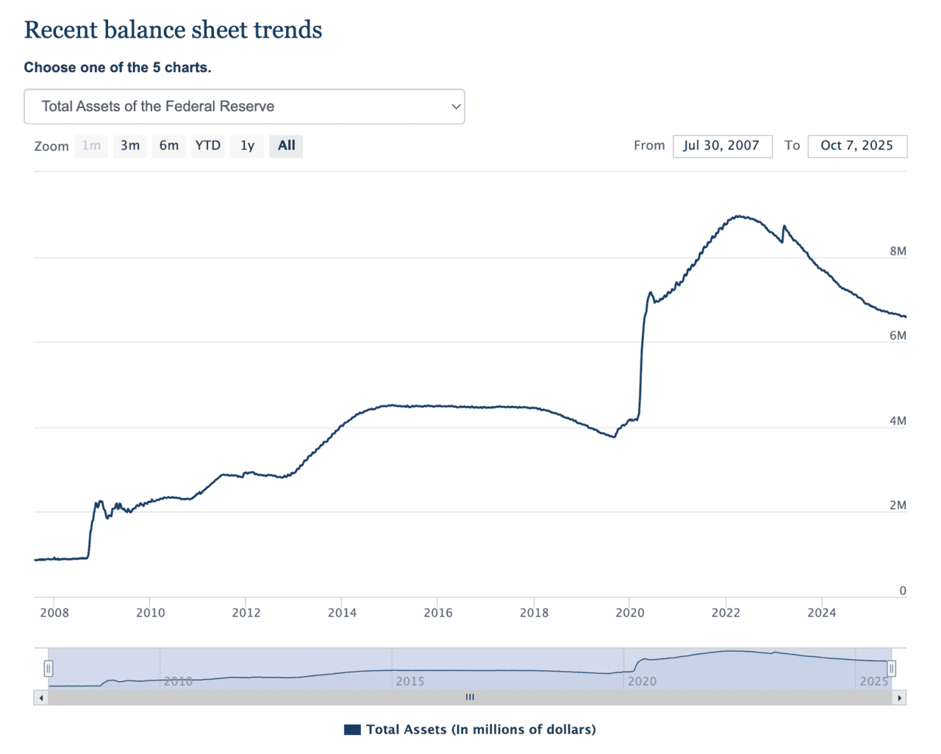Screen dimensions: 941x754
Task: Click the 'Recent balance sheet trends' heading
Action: [x=173, y=30]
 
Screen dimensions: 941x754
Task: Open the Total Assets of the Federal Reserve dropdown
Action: [x=244, y=107]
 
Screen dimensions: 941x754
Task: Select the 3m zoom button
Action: [x=130, y=146]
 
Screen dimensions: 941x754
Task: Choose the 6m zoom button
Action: [x=169, y=146]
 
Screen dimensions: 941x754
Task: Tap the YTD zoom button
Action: [x=208, y=146]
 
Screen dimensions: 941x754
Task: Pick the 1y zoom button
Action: [x=247, y=146]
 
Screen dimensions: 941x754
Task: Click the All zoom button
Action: [x=286, y=146]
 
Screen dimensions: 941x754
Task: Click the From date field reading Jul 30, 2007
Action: [x=722, y=146]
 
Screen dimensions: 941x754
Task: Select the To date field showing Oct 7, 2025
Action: [x=856, y=146]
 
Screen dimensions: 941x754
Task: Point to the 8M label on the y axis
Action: [x=898, y=251]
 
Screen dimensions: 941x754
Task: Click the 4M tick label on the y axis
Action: [x=898, y=421]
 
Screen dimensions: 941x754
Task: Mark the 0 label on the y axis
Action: [x=903, y=591]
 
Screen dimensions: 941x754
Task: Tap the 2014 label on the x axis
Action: [x=342, y=613]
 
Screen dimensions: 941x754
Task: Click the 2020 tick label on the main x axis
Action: [x=630, y=613]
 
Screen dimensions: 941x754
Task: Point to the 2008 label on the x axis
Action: [x=54, y=613]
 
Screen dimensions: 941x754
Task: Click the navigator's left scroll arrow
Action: [x=41, y=697]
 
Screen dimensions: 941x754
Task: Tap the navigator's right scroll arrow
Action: [x=899, y=697]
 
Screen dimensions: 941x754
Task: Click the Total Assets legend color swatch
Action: [x=352, y=730]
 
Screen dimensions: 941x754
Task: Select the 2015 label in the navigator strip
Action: [x=409, y=681]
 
